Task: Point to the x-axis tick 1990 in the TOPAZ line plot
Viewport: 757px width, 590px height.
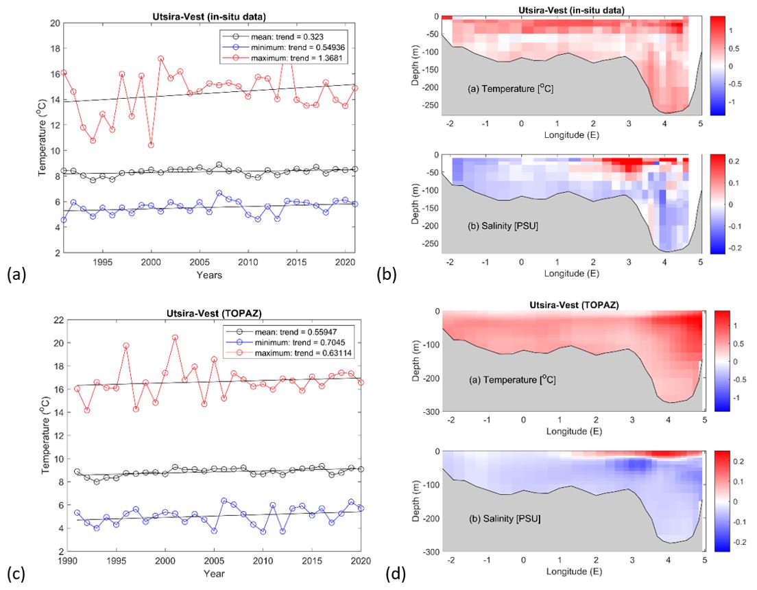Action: click(x=67, y=560)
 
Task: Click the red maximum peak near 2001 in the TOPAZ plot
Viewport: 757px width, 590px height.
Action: click(x=175, y=338)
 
